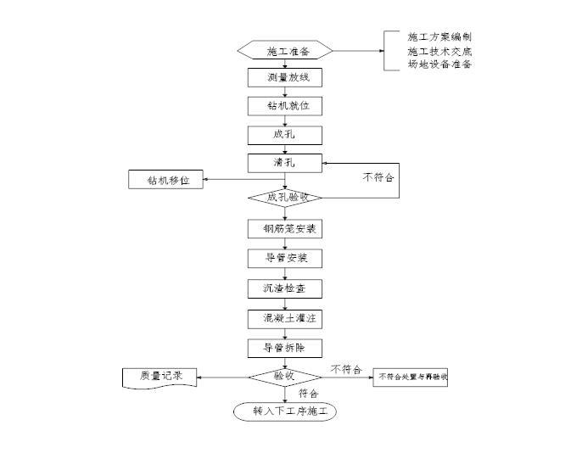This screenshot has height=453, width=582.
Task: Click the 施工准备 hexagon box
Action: [285, 51]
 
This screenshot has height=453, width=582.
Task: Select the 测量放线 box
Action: [285, 78]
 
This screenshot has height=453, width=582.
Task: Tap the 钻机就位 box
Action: [285, 106]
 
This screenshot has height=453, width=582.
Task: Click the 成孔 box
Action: [285, 134]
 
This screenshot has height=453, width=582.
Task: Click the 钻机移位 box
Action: [165, 180]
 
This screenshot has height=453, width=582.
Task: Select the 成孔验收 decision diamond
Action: [285, 197]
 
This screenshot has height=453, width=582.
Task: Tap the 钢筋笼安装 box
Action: [285, 229]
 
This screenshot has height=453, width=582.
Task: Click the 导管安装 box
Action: [285, 258]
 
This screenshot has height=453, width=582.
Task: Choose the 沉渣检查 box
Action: [285, 288]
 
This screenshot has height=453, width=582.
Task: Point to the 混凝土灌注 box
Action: [285, 319]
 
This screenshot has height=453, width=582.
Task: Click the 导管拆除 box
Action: [285, 348]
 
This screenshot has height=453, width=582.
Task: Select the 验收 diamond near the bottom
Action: [284, 376]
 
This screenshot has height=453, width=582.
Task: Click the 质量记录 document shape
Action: [159, 377]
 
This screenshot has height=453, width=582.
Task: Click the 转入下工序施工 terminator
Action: [285, 411]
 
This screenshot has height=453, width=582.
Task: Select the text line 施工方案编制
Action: [439, 37]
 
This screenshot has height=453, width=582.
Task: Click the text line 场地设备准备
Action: [439, 64]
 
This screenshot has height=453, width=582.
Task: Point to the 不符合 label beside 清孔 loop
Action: [379, 178]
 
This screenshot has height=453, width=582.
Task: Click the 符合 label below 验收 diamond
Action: [309, 394]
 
